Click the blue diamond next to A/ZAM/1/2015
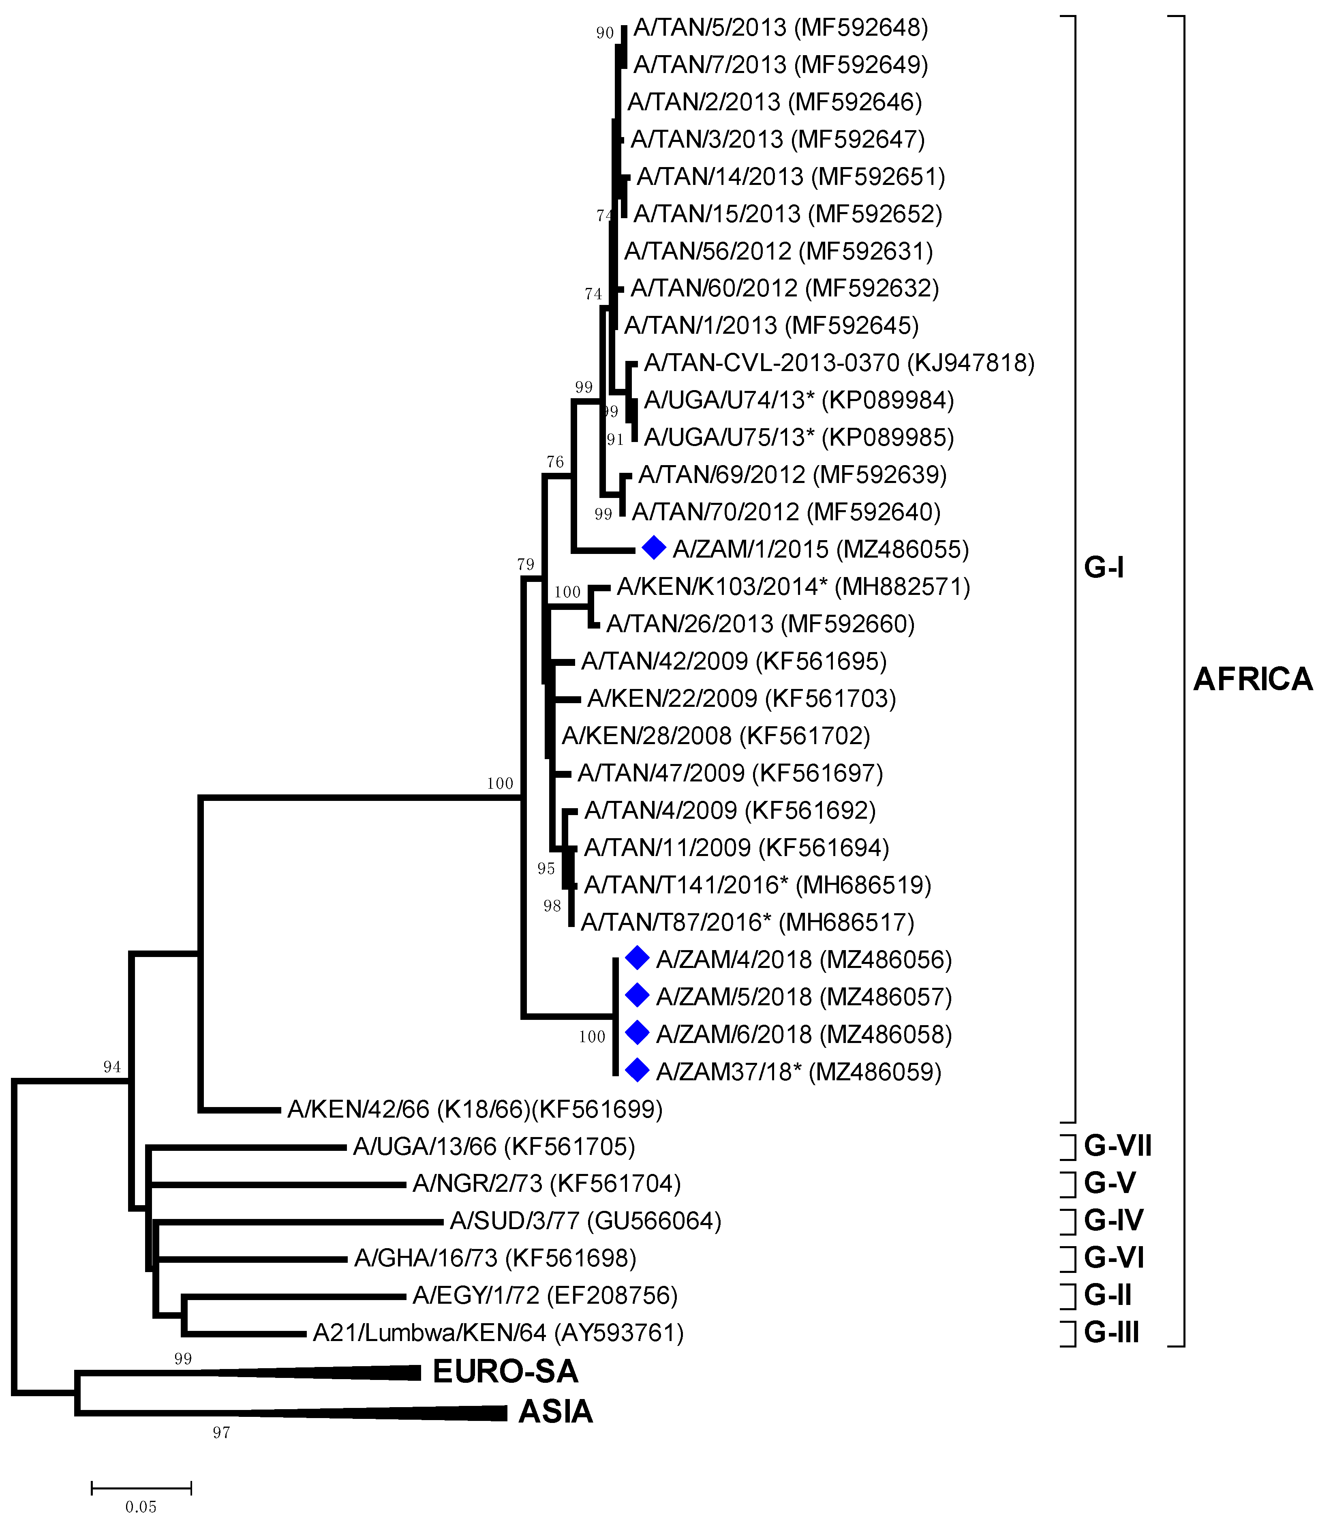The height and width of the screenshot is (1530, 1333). point(653,548)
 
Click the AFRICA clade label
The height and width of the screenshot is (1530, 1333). point(1253,679)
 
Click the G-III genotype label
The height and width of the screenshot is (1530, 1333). point(1111,1332)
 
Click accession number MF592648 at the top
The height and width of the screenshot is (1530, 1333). point(861,28)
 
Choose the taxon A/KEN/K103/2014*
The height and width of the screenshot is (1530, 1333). point(721,586)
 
